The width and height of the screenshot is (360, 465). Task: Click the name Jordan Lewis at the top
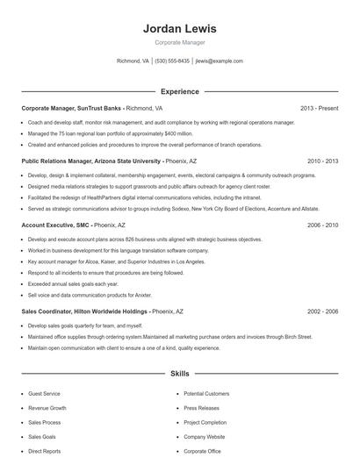(179, 29)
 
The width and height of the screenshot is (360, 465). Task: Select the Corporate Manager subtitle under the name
(179, 42)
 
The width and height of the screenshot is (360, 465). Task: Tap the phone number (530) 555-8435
(173, 61)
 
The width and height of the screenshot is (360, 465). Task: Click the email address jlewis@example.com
(219, 61)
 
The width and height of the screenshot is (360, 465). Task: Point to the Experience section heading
(179, 91)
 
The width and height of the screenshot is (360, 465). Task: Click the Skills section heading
(179, 374)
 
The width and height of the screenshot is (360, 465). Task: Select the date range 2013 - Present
(319, 108)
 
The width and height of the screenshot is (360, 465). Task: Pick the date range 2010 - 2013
(322, 161)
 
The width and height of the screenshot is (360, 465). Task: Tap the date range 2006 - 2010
(322, 225)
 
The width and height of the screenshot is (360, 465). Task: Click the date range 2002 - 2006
(322, 311)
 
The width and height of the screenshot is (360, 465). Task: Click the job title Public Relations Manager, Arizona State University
(90, 161)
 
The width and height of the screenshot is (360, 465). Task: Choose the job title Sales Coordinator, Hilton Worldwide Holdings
(83, 311)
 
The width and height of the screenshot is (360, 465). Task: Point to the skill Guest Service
(45, 394)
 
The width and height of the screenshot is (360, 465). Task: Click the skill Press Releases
(202, 408)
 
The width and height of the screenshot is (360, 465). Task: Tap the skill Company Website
(205, 436)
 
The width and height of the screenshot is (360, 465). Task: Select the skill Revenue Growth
(47, 408)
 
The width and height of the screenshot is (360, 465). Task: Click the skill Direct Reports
(45, 451)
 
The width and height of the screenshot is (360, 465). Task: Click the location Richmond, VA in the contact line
(133, 61)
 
